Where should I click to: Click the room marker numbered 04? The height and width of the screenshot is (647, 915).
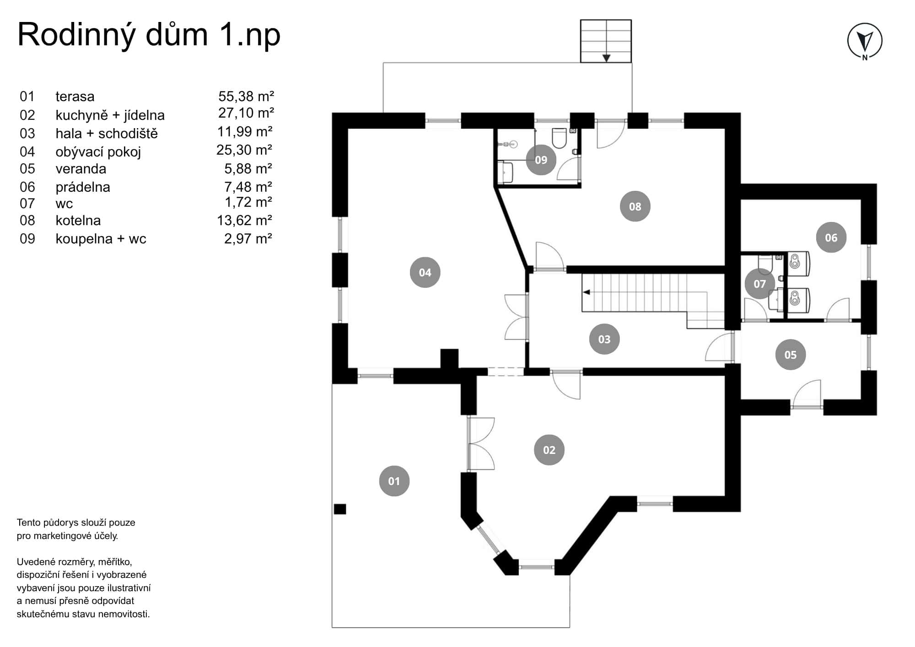425,272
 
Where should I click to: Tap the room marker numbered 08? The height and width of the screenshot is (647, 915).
635,206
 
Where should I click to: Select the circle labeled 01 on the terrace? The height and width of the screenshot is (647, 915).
394,481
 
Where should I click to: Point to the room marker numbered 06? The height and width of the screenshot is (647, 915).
831,237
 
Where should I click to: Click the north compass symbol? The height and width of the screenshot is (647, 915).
865,41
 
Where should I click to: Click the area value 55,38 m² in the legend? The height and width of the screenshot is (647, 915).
246,97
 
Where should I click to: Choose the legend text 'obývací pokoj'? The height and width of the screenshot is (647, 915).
98,151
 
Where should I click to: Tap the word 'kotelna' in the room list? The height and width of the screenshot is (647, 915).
78,221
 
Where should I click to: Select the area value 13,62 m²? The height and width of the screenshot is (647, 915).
244,221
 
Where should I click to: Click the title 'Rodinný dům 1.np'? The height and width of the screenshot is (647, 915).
149,35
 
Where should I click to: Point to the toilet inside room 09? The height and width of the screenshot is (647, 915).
559,138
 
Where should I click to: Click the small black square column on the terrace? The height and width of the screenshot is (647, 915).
340,509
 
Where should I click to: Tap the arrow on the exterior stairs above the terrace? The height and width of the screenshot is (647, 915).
606,58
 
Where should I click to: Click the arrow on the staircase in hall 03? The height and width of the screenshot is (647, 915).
586,292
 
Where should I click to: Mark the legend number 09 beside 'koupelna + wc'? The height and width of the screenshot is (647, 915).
27,239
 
